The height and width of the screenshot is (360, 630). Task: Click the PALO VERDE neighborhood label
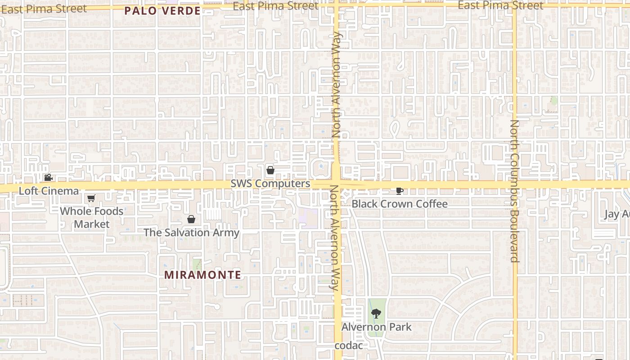162,11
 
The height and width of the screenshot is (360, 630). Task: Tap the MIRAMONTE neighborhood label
202,274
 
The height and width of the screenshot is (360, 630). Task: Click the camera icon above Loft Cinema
48,178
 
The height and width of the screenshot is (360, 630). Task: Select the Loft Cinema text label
49,191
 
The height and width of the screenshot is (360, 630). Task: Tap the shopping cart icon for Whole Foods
91,198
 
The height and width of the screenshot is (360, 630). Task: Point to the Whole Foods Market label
92,217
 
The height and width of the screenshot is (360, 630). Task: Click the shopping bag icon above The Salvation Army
191,220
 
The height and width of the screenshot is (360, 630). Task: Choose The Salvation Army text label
191,233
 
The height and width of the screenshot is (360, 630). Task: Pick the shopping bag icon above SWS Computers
270,170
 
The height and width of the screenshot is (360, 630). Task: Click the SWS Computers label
270,184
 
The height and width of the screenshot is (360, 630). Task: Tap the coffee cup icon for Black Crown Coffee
399,191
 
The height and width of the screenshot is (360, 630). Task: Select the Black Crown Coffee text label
400,204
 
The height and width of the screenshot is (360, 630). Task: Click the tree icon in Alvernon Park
376,314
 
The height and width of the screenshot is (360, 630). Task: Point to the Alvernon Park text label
377,327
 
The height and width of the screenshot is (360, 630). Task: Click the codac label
349,346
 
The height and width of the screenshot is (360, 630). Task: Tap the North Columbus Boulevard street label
515,191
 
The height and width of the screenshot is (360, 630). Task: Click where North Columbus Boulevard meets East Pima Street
515,6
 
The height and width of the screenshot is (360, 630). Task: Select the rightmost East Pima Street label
500,6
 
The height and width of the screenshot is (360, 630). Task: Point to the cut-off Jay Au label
617,214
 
